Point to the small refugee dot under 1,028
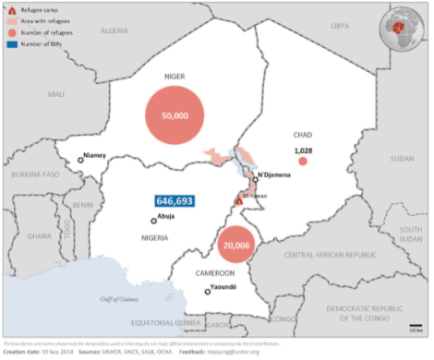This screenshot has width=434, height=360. [x=302, y=162]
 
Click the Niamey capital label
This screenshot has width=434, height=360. [x=95, y=155]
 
